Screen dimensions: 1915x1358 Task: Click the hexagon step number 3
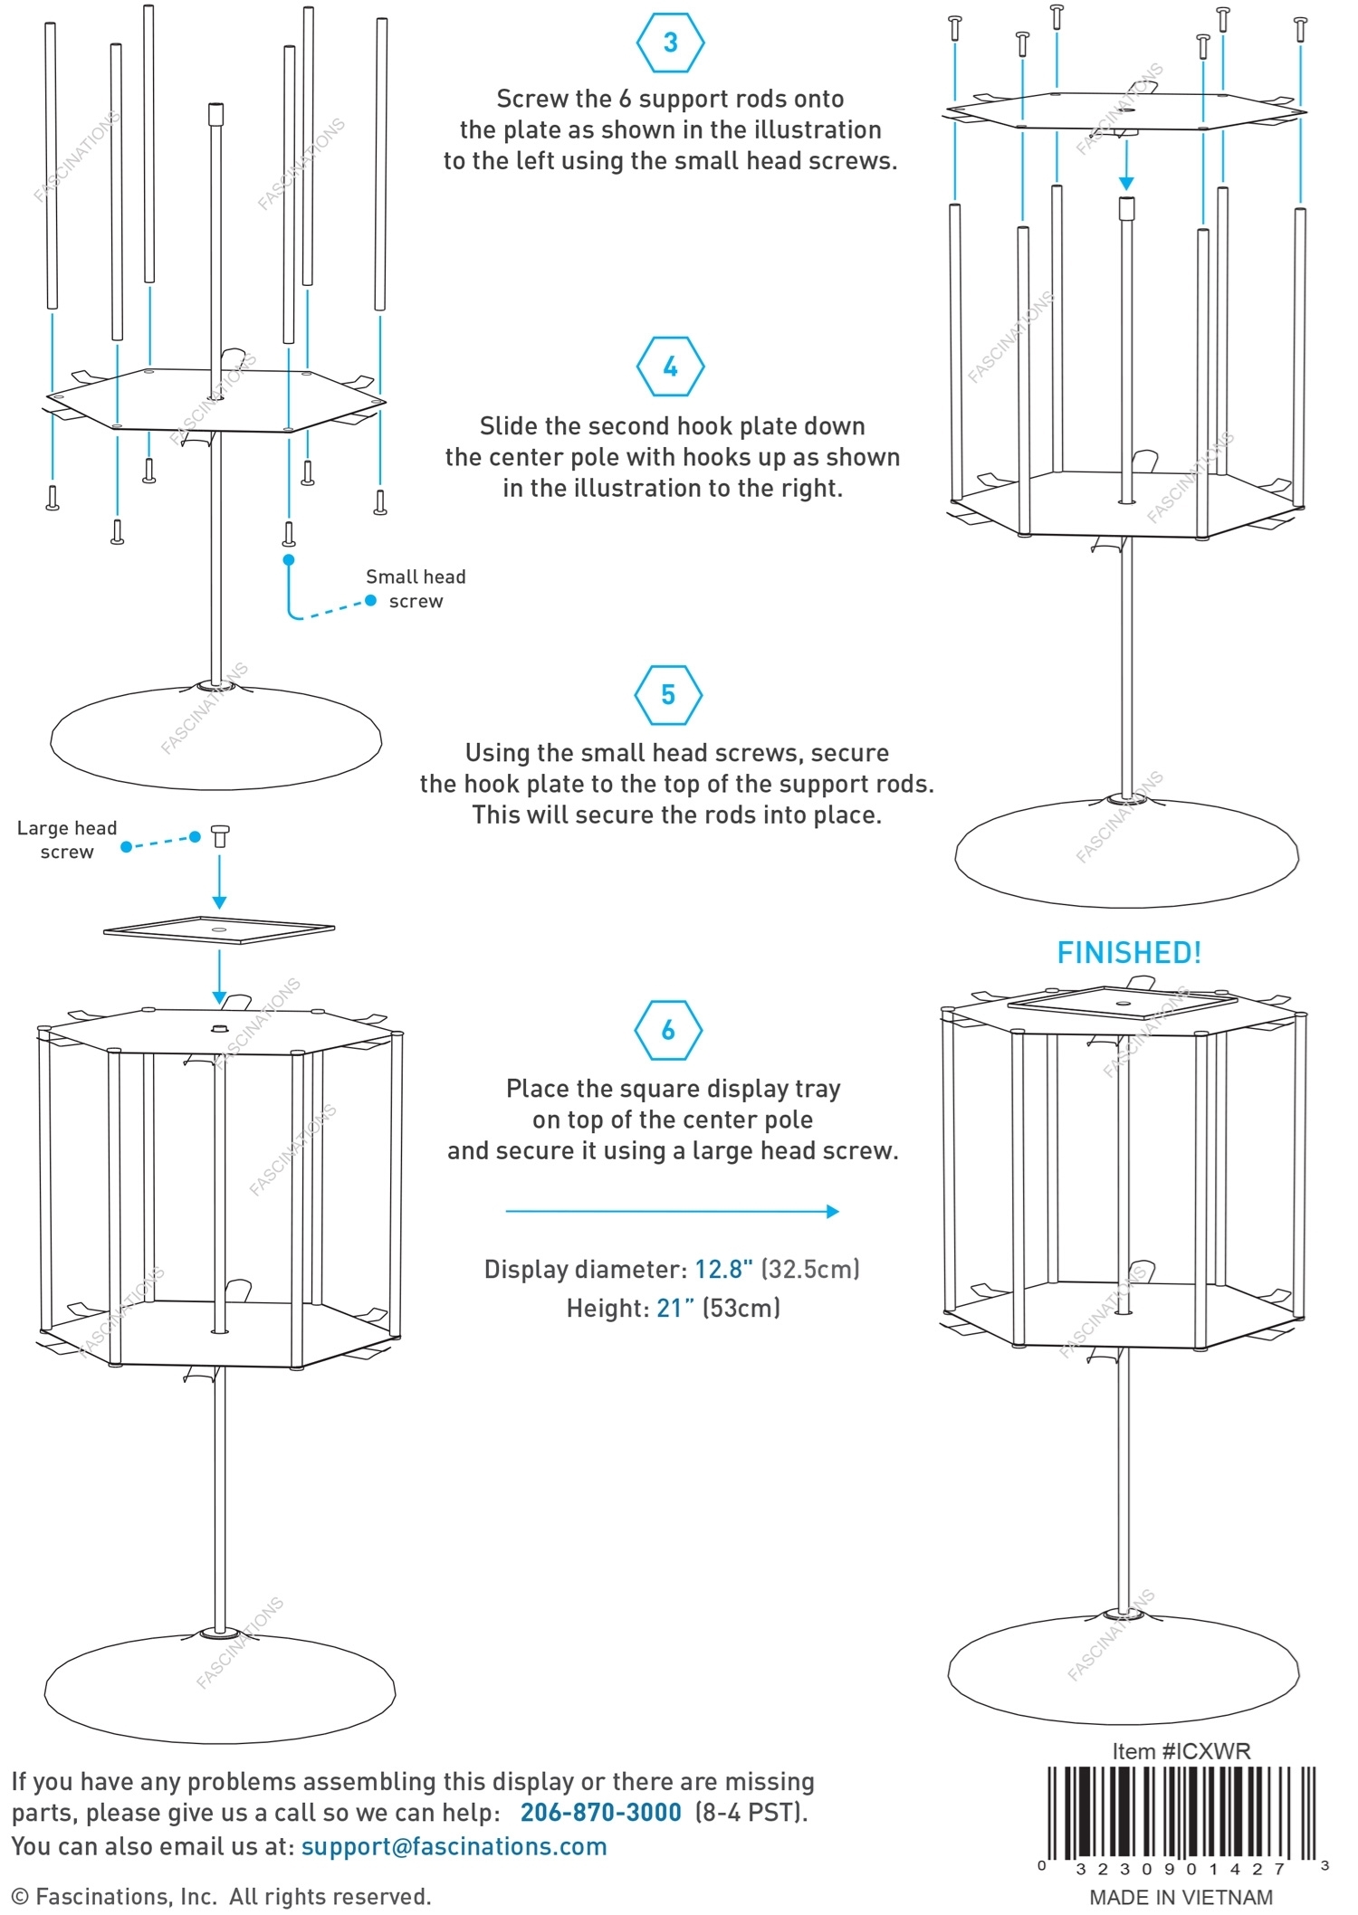point(670,43)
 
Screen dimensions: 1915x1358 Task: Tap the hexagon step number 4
point(670,367)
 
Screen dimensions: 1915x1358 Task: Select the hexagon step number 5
point(668,694)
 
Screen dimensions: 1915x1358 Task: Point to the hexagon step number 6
point(668,1030)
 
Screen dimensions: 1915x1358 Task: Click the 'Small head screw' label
point(416,589)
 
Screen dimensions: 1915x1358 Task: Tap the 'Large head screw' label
point(67,840)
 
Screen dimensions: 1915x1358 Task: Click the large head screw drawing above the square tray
point(219,835)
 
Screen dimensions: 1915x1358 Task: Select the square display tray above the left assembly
point(219,929)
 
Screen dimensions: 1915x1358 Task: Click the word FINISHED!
point(1129,953)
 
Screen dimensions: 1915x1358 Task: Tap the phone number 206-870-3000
point(600,1812)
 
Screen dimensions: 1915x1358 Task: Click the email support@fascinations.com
point(454,1846)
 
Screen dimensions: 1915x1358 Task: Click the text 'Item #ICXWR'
point(1181,1751)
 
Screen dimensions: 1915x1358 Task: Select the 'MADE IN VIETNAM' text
point(1181,1897)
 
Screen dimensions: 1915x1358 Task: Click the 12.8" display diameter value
point(723,1269)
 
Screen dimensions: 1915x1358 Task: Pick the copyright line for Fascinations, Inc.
point(221,1896)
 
